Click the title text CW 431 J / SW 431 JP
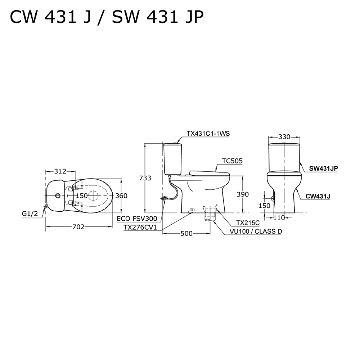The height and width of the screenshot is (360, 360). tap(107, 17)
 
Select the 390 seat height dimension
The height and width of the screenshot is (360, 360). tap(243, 194)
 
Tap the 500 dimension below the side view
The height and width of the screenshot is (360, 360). tap(186, 234)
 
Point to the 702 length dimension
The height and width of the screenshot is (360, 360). tap(78, 227)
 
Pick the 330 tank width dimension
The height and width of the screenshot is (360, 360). tap(284, 137)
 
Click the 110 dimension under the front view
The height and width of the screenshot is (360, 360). tap(279, 217)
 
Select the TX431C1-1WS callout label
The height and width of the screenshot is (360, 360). tap(208, 134)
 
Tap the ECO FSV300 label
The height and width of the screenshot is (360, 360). tap(136, 219)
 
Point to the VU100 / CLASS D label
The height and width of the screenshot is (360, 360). tap(256, 231)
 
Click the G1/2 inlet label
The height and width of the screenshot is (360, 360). tap(30, 213)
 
